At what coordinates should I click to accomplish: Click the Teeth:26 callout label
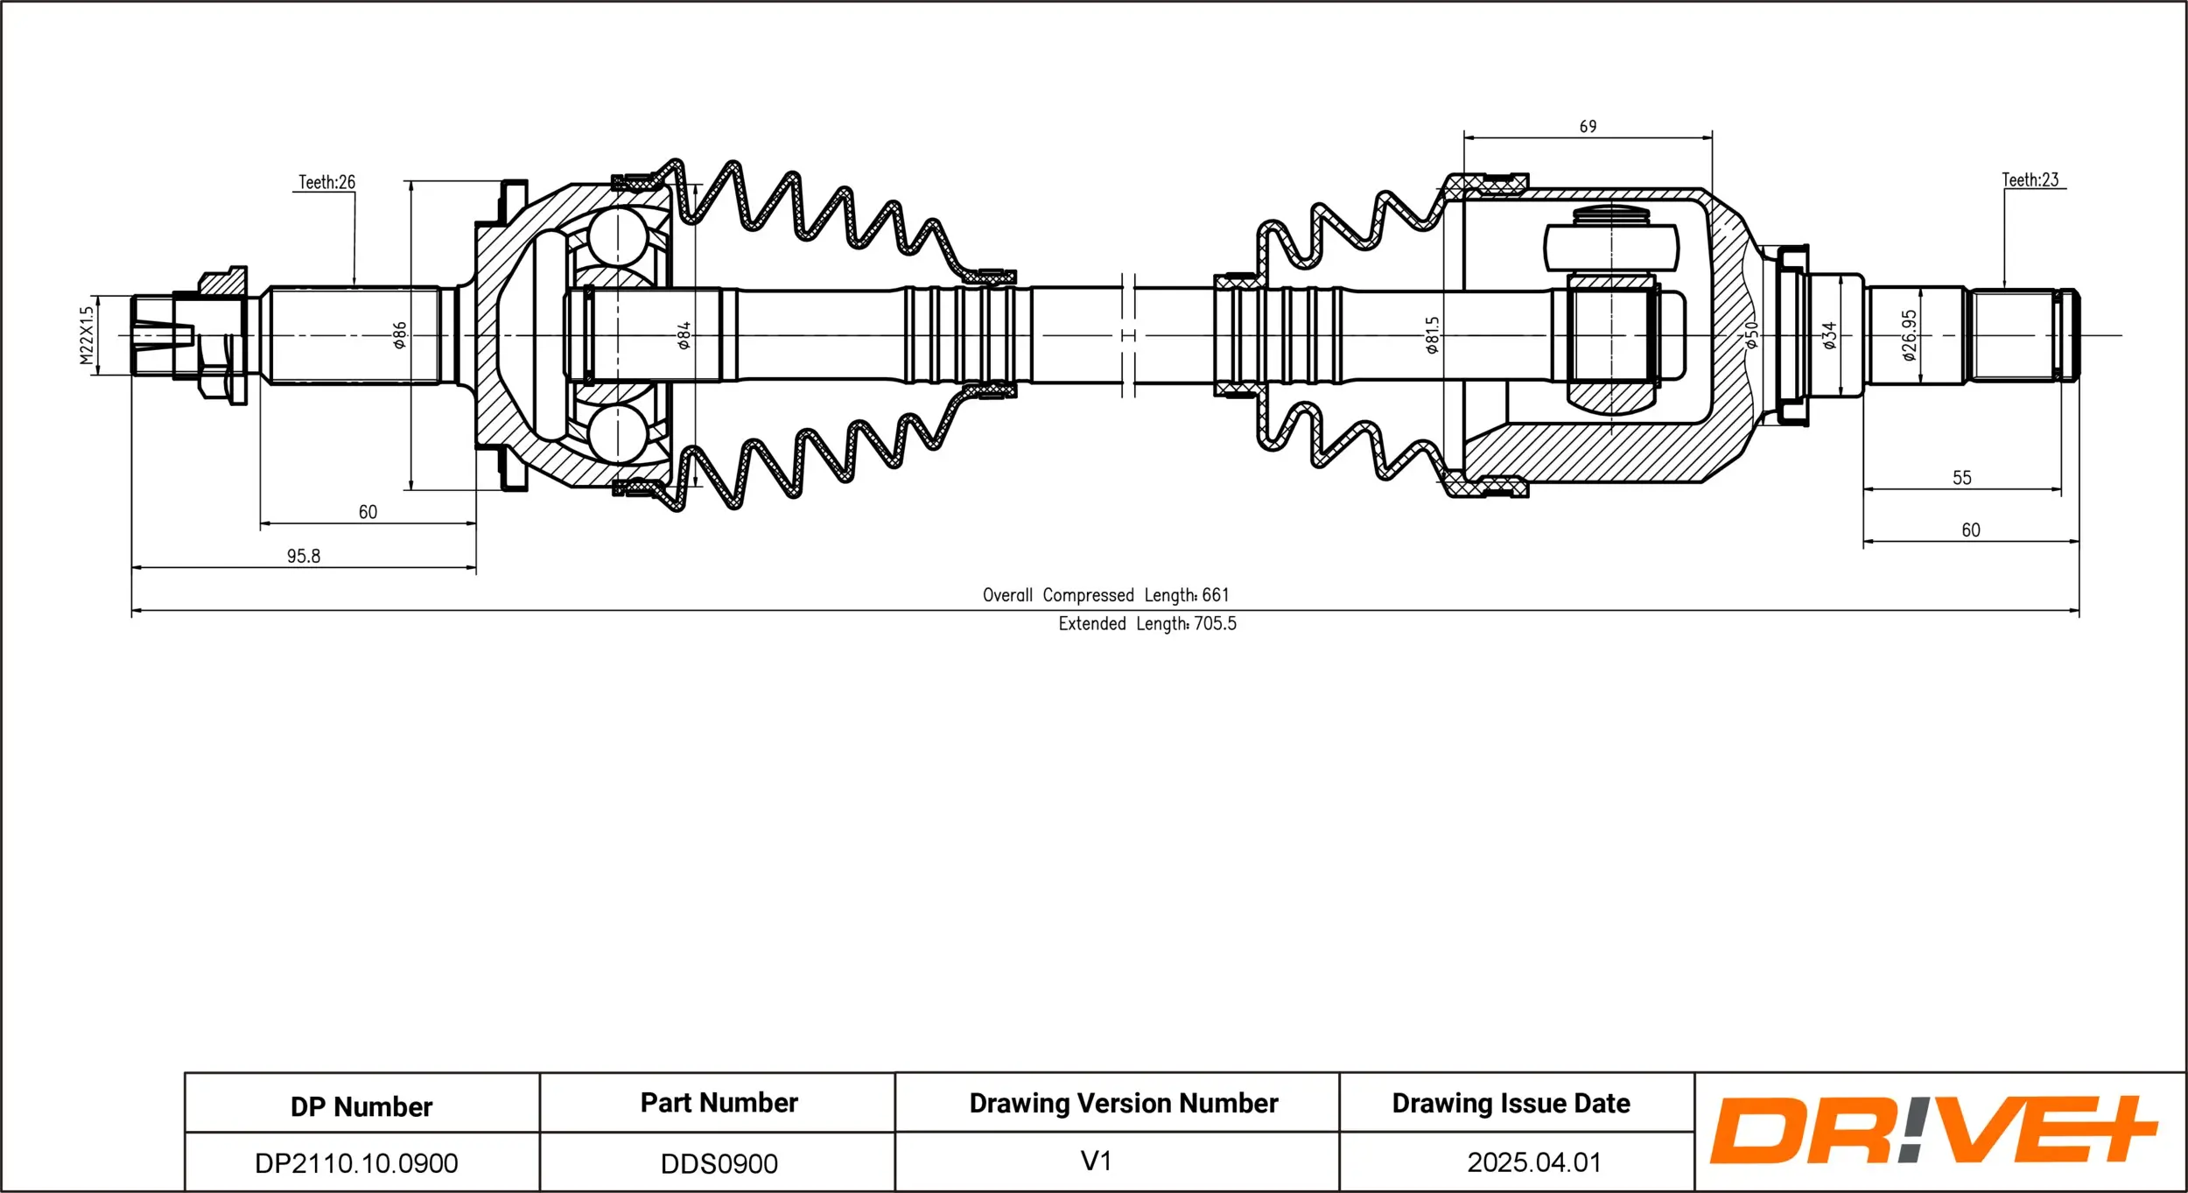326,182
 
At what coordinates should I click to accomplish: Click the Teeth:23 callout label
2030,179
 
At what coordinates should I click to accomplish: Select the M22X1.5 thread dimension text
86,335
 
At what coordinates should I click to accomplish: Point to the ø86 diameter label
400,335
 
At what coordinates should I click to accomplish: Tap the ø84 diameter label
684,335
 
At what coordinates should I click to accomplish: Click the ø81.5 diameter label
1432,335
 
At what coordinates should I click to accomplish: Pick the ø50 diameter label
1751,335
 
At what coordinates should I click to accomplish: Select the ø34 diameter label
1829,335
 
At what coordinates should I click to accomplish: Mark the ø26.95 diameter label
1910,335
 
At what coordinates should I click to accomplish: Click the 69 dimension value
1588,127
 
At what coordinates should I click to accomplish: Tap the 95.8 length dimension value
304,556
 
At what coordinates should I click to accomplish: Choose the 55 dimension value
1961,478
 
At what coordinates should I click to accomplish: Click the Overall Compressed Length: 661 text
1105,595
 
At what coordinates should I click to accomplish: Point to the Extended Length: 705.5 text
1147,624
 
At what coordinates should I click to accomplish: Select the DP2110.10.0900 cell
356,1163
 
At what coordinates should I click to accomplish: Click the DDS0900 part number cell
719,1163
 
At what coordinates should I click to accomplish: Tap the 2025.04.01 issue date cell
1534,1162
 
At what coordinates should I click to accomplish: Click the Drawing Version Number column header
1124,1103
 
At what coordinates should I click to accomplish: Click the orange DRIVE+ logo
1932,1131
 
